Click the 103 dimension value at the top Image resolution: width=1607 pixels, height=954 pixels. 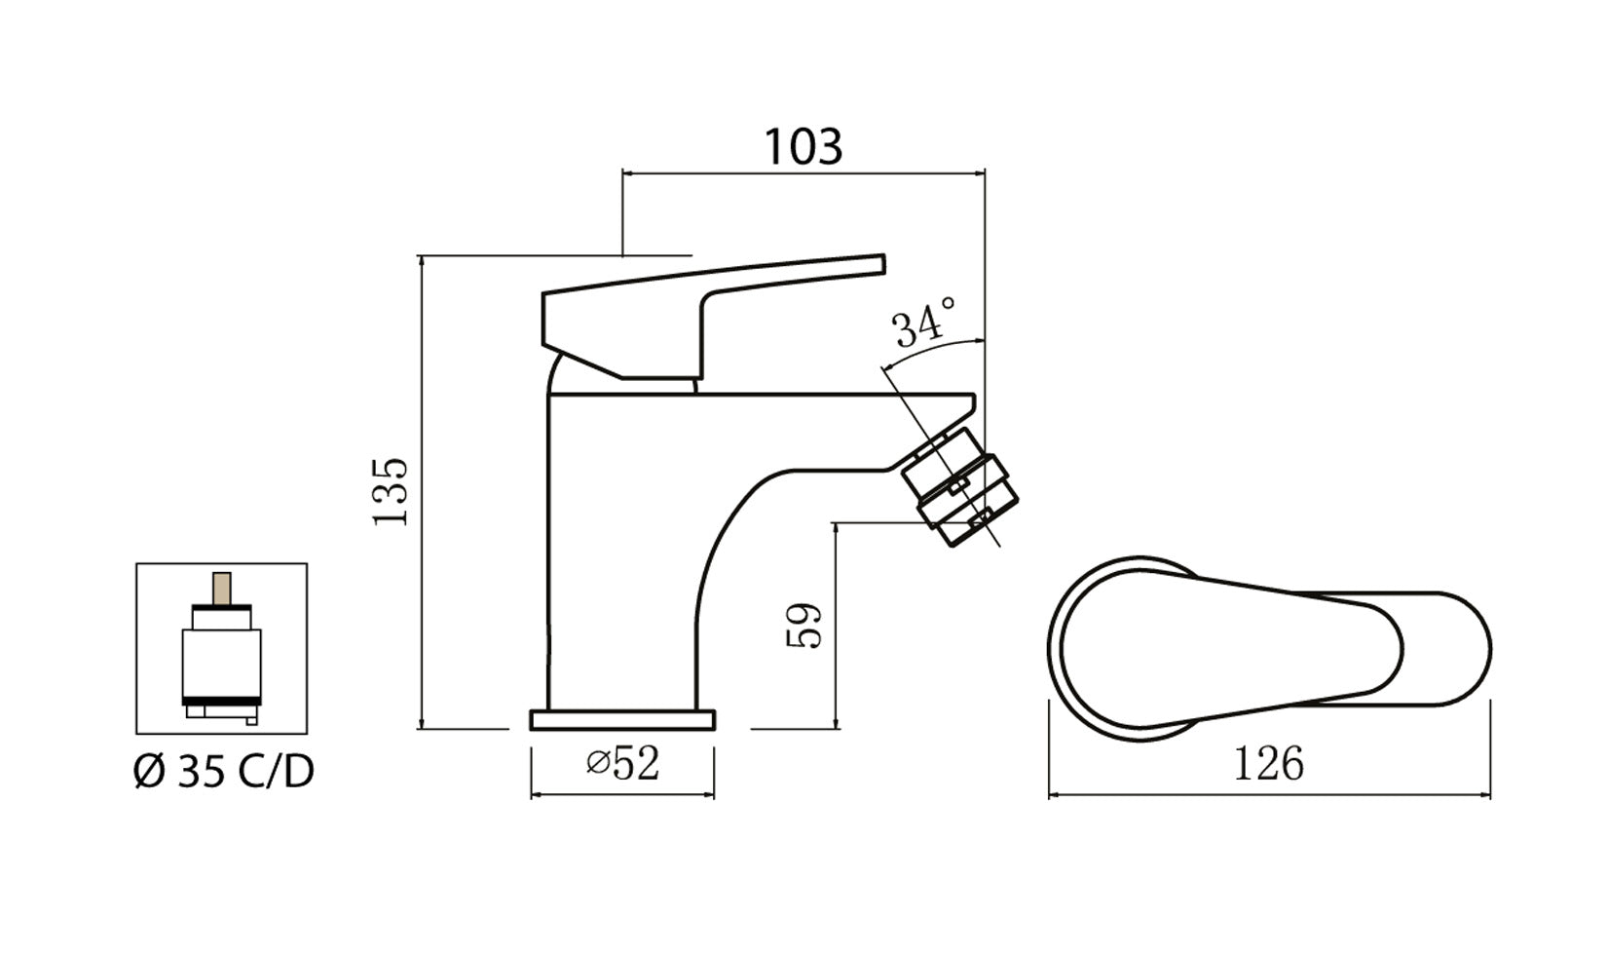coord(803,147)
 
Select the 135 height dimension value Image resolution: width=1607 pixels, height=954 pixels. coord(392,491)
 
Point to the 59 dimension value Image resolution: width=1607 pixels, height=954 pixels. coord(804,626)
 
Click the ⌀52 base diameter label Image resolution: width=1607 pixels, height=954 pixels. coord(623,763)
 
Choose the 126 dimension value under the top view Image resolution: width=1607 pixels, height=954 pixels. coord(1268,764)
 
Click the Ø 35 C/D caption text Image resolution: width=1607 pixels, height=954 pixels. coord(223,773)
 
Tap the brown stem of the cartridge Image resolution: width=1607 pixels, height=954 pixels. coord(222,588)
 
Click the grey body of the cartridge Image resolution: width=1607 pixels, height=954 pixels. coord(222,663)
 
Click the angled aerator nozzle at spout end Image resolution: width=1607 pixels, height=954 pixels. coord(959,487)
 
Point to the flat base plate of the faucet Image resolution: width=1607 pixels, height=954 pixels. coord(622,720)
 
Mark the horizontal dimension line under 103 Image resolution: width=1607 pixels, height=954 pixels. coord(803,173)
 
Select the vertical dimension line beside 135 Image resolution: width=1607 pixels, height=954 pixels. coord(421,491)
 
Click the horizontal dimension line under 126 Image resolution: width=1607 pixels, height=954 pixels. coord(1268,795)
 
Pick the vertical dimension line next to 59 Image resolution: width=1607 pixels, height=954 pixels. coord(837,626)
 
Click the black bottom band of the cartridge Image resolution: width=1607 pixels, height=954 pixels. coord(222,701)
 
